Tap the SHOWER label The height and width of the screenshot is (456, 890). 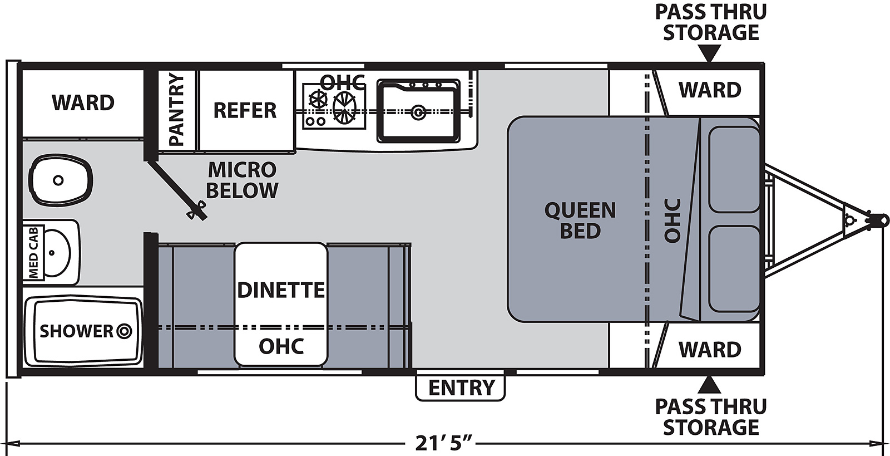tap(76, 331)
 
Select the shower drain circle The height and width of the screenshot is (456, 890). tap(125, 332)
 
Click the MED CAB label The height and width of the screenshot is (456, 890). tap(34, 252)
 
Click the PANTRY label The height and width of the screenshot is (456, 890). tap(176, 110)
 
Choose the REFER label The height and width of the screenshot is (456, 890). tap(245, 110)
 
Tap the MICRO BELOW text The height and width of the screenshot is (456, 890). tap(242, 180)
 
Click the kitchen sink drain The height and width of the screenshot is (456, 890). tap(418, 111)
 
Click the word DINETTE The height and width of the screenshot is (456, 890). tap(281, 290)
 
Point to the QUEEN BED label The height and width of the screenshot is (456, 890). tap(580, 220)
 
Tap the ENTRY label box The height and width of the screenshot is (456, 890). tap(461, 388)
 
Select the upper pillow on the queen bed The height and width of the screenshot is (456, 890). tap(734, 169)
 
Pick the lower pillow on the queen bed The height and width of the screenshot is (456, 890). tap(734, 269)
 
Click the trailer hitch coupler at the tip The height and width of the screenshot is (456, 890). tap(879, 220)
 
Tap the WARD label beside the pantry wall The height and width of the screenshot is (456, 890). tap(83, 102)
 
